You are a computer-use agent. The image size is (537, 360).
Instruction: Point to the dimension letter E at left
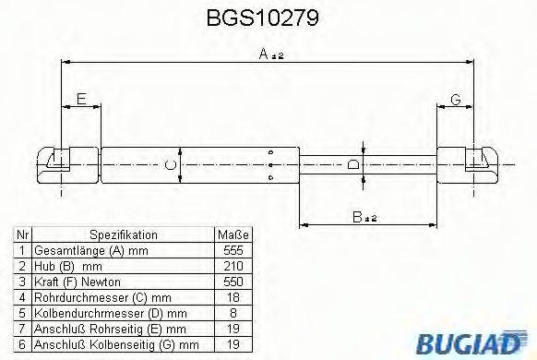pos(81,99)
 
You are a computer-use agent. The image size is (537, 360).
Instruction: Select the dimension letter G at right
pos(455,99)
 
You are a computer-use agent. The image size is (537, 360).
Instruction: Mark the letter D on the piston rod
pos(353,165)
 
